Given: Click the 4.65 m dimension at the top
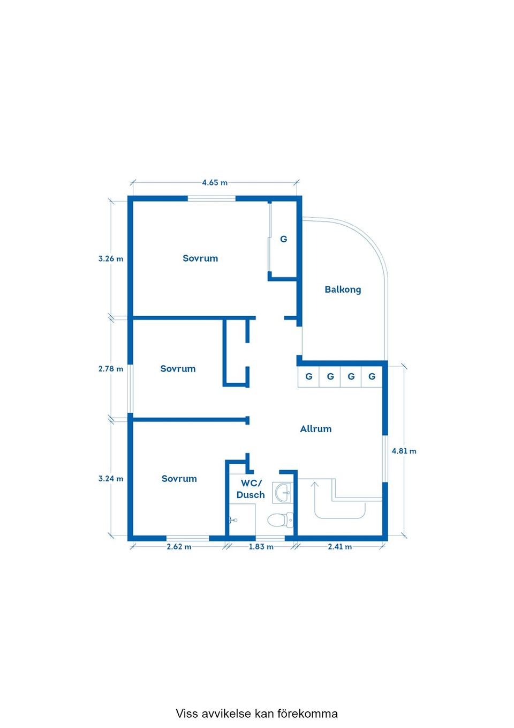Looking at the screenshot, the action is click(x=215, y=183).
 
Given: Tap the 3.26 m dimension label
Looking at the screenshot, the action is click(x=111, y=259).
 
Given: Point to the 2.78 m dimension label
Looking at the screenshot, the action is click(x=111, y=369).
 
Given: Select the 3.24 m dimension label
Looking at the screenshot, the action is click(x=111, y=479).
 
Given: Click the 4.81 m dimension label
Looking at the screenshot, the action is click(x=404, y=451).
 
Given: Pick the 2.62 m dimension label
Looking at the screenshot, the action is click(x=179, y=547).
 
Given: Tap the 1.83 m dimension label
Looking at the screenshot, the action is click(x=261, y=547).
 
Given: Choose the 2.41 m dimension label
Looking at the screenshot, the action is click(x=340, y=547).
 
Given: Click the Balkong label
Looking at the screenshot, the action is click(x=343, y=289).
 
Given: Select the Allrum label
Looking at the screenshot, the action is click(x=316, y=429).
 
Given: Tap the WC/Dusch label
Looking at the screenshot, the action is click(x=251, y=489).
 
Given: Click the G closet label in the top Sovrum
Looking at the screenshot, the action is click(x=284, y=239).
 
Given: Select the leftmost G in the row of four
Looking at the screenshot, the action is click(x=309, y=376).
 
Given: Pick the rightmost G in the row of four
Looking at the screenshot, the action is click(x=372, y=376).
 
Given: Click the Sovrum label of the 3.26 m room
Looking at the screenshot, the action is click(x=200, y=258).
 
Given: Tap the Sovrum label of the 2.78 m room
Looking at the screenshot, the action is click(x=178, y=368).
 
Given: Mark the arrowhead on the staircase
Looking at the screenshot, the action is click(x=314, y=485).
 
